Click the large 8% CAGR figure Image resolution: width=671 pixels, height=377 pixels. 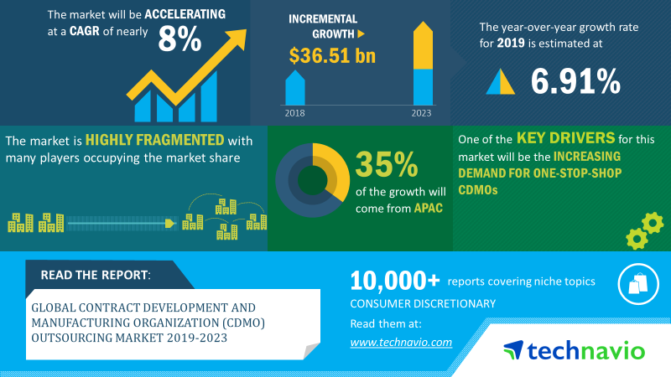[x=179, y=39]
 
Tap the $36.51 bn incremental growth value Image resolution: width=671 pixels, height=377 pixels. [x=332, y=55]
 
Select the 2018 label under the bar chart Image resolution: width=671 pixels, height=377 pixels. [x=295, y=113]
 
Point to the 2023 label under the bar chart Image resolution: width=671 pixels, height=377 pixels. [x=422, y=113]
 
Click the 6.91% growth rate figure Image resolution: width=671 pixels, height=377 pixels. [x=575, y=81]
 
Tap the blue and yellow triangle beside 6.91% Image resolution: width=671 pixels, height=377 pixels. [x=500, y=81]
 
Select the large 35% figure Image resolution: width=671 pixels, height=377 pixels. [x=387, y=164]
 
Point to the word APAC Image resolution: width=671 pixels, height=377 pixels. [x=428, y=209]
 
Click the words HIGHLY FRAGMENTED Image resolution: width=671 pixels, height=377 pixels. [x=154, y=140]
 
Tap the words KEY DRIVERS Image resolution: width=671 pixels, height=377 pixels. [x=565, y=138]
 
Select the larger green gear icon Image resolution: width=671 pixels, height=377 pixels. [x=653, y=223]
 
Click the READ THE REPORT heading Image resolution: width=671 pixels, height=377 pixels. [x=96, y=275]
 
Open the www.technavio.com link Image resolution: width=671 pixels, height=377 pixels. [x=401, y=343]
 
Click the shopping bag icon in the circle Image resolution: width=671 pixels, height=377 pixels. [x=638, y=284]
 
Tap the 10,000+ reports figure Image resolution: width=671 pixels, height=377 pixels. [x=394, y=281]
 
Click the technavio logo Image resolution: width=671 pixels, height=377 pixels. [x=574, y=350]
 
